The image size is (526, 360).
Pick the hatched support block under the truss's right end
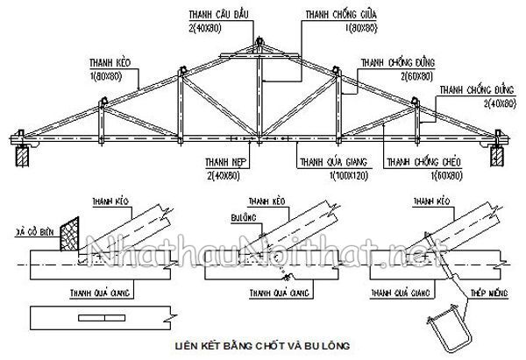pyautogui.click(x=497, y=157)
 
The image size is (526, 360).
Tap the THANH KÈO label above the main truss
pyautogui.click(x=106, y=64)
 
